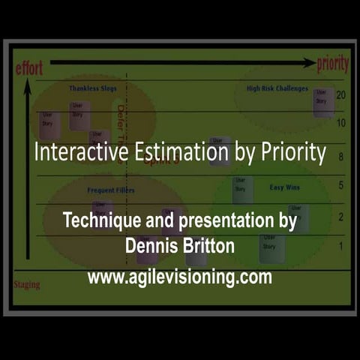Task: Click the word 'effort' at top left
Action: pos(29,68)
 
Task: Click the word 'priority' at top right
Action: pos(332,64)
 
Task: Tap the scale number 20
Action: pos(340,95)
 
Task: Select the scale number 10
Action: pos(340,123)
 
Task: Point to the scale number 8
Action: pos(340,157)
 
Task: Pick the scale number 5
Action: pos(340,185)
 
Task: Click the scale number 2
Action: pos(340,217)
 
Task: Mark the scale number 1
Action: pos(340,246)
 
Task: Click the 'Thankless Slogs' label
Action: pos(93,88)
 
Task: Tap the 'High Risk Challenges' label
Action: pos(277,88)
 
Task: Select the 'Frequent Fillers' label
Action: pos(111,190)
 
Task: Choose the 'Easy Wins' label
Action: pos(285,187)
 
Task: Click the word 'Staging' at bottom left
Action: pos(27,285)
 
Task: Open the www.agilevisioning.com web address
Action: pos(179,277)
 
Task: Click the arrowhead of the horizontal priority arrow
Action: pos(308,64)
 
